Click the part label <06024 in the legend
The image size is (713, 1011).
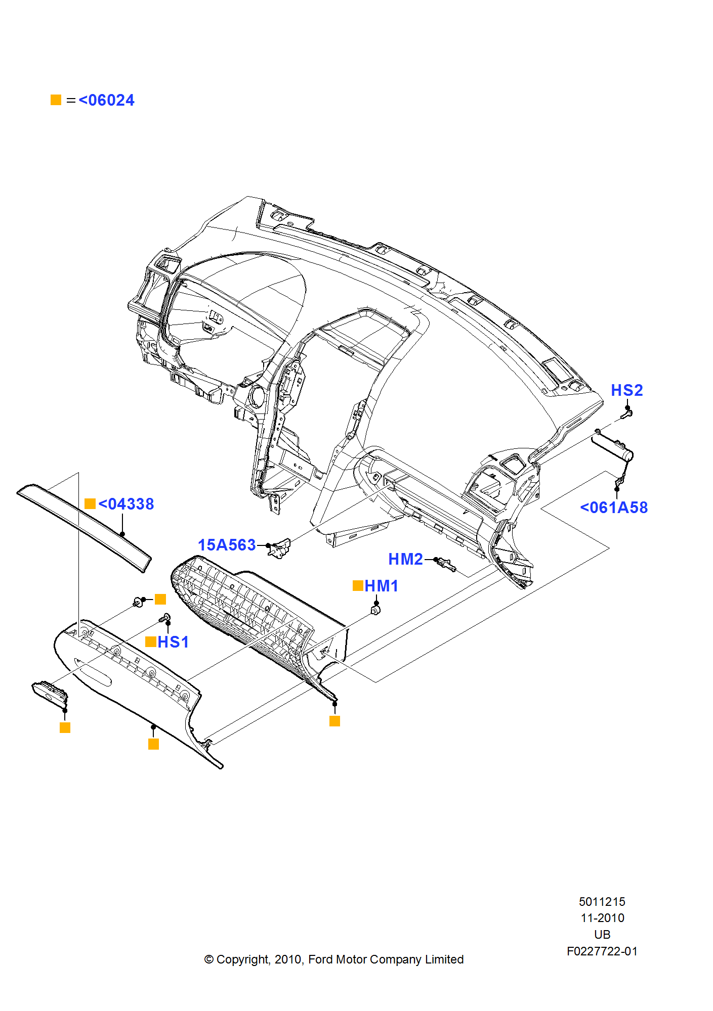tap(106, 100)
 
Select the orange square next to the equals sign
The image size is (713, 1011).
tap(56, 100)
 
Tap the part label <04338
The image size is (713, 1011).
tap(126, 504)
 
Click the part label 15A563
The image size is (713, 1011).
tap(227, 545)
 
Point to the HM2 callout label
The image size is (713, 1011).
tap(405, 559)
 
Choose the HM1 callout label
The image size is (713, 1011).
tap(381, 586)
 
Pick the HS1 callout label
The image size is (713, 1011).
tap(173, 642)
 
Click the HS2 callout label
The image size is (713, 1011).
tap(626, 390)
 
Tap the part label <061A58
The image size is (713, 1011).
tap(614, 508)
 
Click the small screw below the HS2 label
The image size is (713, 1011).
tap(626, 415)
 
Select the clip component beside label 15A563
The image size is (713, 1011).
tap(280, 548)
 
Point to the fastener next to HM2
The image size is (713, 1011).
tap(446, 564)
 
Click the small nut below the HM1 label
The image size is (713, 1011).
tap(375, 611)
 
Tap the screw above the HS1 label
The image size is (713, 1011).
tap(165, 618)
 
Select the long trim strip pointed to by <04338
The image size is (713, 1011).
tap(83, 526)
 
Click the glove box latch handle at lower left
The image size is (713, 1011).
tap(50, 693)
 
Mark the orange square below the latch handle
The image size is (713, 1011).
tap(65, 727)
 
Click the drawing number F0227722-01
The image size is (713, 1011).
tap(602, 951)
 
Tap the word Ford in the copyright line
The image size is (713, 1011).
tap(320, 959)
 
